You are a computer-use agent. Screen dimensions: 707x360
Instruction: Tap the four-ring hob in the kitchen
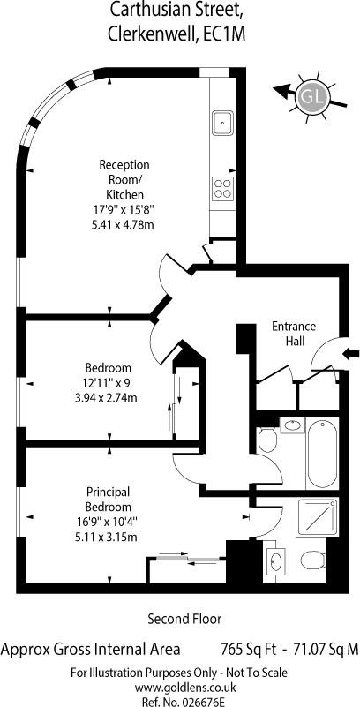222,187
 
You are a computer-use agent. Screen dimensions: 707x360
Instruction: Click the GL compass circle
313,94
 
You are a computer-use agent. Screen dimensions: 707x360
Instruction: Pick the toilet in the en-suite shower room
310,560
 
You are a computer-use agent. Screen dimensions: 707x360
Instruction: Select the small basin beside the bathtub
292,426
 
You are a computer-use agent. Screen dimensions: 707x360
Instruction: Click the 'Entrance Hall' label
293,334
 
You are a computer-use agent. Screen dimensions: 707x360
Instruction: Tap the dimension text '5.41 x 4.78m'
124,225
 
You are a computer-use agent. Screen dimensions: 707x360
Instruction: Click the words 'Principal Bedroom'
109,499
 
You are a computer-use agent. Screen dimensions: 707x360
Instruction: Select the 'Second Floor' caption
184,619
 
